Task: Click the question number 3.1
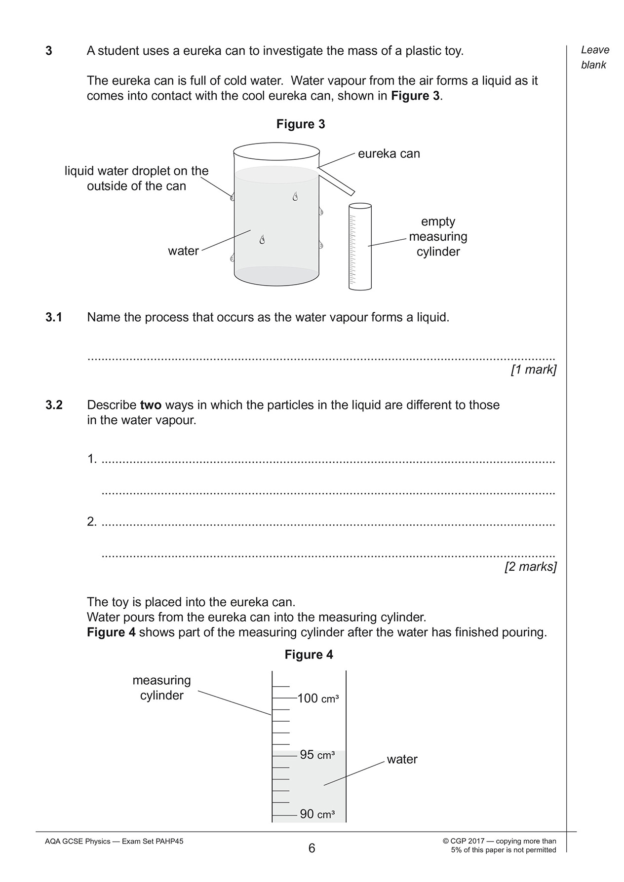[54, 317]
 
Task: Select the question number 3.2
[54, 405]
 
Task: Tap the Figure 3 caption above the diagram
[301, 124]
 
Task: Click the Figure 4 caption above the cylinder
[309, 655]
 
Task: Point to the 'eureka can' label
[389, 154]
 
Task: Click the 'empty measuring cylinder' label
[438, 237]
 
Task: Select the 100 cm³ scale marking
[318, 698]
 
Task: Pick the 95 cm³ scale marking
[317, 755]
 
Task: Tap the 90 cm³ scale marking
[317, 814]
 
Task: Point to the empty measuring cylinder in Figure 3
[360, 247]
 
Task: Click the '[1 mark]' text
[533, 370]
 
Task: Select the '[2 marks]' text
[530, 567]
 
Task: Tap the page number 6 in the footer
[312, 848]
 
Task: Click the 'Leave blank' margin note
[595, 57]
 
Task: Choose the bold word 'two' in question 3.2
[151, 405]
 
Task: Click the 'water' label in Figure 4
[402, 760]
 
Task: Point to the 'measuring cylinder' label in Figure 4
[161, 688]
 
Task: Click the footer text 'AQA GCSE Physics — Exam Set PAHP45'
[114, 842]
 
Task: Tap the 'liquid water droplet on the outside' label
[137, 179]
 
